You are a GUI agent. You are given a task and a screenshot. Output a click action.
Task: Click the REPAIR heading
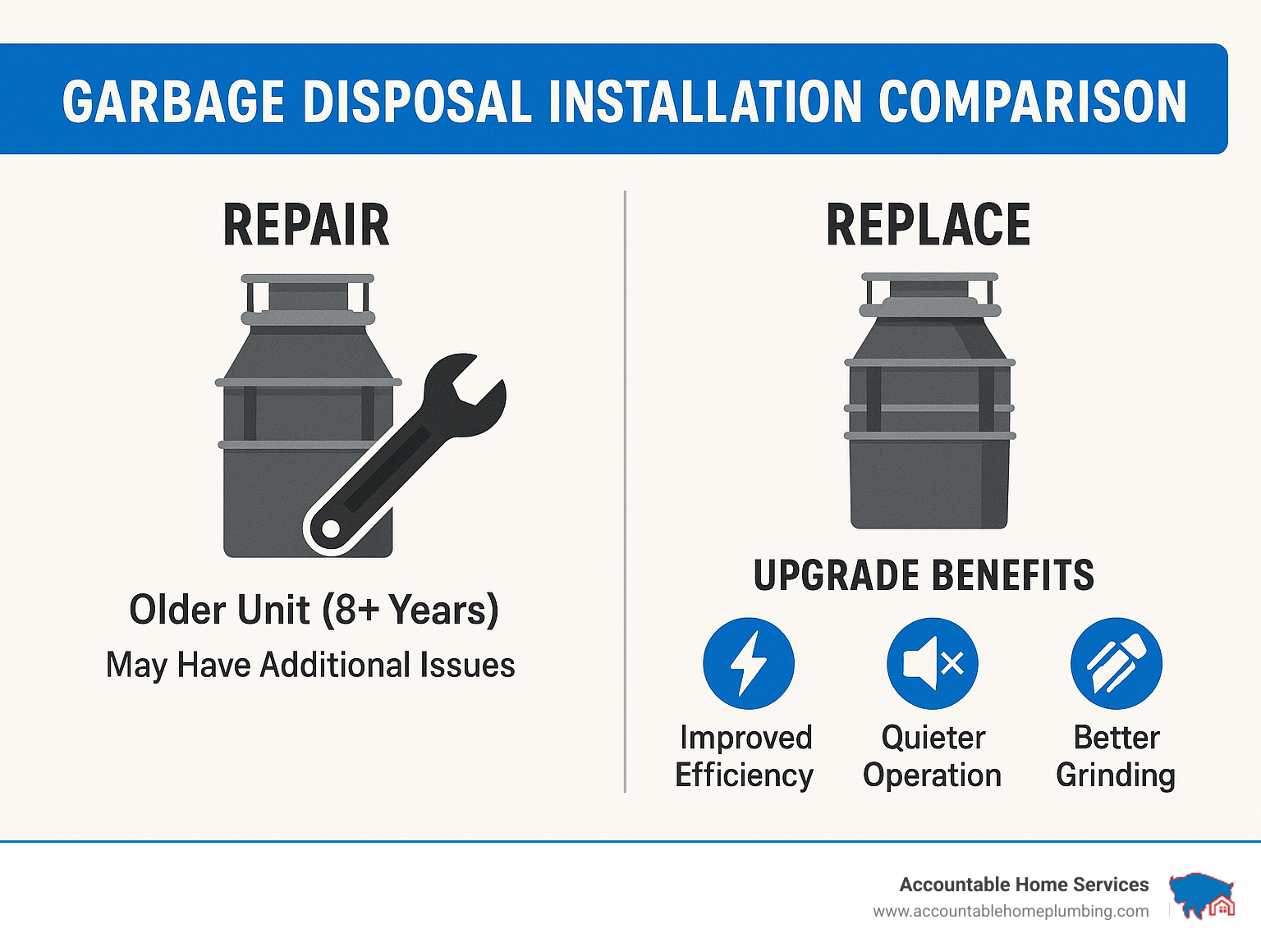[x=305, y=226]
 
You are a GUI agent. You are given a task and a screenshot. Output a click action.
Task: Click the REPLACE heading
[x=928, y=226]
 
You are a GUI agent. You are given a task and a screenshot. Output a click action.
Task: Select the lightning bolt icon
[x=748, y=663]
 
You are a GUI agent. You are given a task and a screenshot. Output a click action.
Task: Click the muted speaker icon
[x=932, y=663]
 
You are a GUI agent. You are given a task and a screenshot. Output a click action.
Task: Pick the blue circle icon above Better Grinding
[x=1116, y=663]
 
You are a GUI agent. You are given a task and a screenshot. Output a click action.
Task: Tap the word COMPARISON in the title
[x=1032, y=103]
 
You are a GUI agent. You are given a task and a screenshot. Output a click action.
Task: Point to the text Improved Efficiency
[x=745, y=756]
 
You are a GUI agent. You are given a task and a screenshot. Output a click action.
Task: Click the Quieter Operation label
[x=933, y=756]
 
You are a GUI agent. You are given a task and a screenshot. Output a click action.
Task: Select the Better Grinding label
[x=1116, y=756]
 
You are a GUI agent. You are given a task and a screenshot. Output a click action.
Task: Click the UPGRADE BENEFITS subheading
[x=924, y=575]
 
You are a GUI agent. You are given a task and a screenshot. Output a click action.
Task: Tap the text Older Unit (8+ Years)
[x=314, y=610]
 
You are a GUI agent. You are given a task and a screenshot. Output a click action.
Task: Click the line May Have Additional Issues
[x=310, y=665]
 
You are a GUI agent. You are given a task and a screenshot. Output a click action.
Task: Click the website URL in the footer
[x=1011, y=912]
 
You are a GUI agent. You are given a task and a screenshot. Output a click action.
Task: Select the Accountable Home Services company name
[x=1024, y=885]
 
